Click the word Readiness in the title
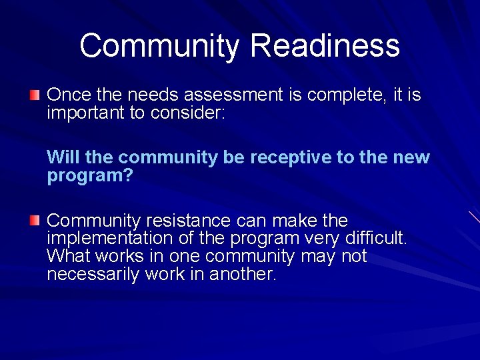pos(325,47)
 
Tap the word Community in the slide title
pos(159,47)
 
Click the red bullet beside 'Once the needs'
pos(35,95)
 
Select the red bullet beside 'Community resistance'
pos(35,221)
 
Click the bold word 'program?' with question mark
pos(90,176)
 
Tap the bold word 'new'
pos(413,158)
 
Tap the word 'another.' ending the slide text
pos(242,275)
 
